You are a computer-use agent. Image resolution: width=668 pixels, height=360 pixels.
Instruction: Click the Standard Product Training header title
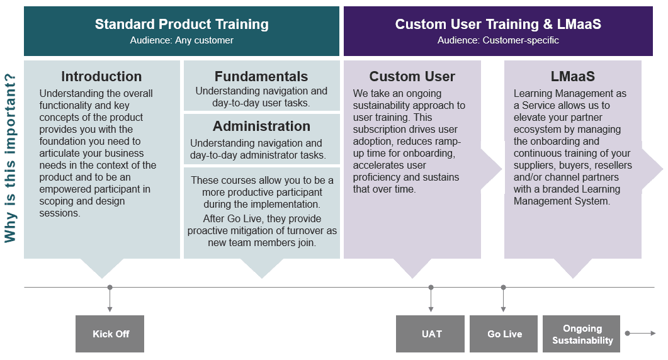pyautogui.click(x=181, y=25)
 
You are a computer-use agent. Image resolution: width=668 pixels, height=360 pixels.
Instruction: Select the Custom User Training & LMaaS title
pyautogui.click(x=498, y=25)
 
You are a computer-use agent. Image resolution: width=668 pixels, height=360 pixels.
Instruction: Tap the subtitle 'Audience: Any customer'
pyautogui.click(x=181, y=40)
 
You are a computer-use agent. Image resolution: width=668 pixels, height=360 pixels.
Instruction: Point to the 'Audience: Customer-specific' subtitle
pyautogui.click(x=498, y=40)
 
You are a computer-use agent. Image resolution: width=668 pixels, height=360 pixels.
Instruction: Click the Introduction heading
pyautogui.click(x=101, y=77)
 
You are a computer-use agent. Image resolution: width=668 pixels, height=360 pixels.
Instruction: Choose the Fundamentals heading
pyautogui.click(x=261, y=77)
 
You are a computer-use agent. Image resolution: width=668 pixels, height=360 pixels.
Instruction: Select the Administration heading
pyautogui.click(x=261, y=126)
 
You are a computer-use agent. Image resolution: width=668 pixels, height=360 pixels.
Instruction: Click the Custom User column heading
pyautogui.click(x=412, y=77)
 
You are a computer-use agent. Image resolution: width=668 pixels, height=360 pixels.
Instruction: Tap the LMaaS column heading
pyautogui.click(x=572, y=77)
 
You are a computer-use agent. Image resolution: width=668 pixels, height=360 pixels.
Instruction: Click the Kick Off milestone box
pyautogui.click(x=110, y=334)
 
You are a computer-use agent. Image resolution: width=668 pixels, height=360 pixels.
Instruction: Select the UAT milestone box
pyautogui.click(x=431, y=334)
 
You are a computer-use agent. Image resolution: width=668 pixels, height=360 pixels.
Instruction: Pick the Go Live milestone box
pyautogui.click(x=504, y=334)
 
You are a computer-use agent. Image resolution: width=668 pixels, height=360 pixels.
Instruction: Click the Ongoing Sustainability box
pyautogui.click(x=582, y=334)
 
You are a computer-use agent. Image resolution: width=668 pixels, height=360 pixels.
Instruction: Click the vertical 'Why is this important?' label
pyautogui.click(x=11, y=157)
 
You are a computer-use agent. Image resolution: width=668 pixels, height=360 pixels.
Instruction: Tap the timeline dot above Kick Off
pyautogui.click(x=110, y=288)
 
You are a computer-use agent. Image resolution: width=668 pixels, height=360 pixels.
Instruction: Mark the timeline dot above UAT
pyautogui.click(x=431, y=288)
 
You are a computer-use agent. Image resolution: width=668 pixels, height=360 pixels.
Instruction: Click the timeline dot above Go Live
pyautogui.click(x=504, y=288)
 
